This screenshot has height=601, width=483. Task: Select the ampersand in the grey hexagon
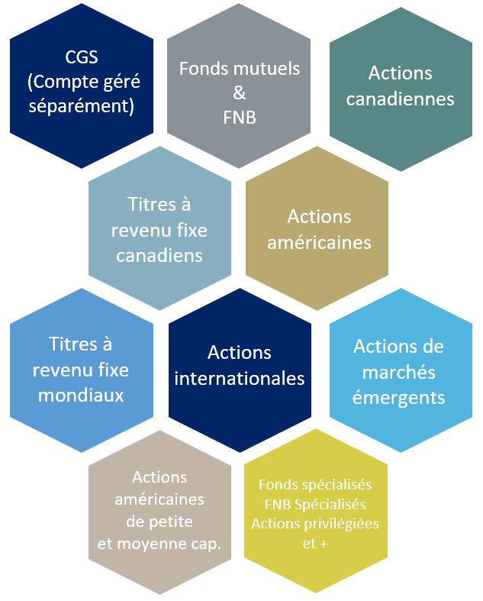(239, 94)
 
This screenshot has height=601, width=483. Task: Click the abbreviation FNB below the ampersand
(239, 118)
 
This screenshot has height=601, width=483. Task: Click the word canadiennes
(400, 99)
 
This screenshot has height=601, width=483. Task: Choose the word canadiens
(159, 255)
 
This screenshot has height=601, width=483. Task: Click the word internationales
(239, 378)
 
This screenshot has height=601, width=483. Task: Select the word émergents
(399, 397)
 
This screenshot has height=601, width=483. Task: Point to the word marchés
(399, 372)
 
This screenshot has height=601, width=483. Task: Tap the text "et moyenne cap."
(159, 544)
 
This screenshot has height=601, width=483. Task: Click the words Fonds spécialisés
(315, 485)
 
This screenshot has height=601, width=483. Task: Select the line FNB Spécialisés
(315, 505)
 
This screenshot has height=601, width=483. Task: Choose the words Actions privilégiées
(315, 524)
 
